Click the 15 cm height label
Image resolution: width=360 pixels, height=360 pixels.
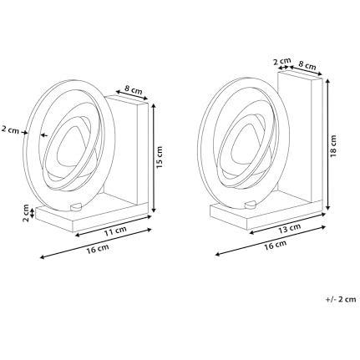160,155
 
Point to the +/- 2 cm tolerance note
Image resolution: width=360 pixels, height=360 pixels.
339,298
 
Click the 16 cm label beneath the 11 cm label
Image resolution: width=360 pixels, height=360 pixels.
97,248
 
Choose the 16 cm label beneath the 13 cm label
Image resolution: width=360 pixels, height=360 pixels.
275,244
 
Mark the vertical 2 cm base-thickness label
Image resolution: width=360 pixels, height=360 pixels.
25,213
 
